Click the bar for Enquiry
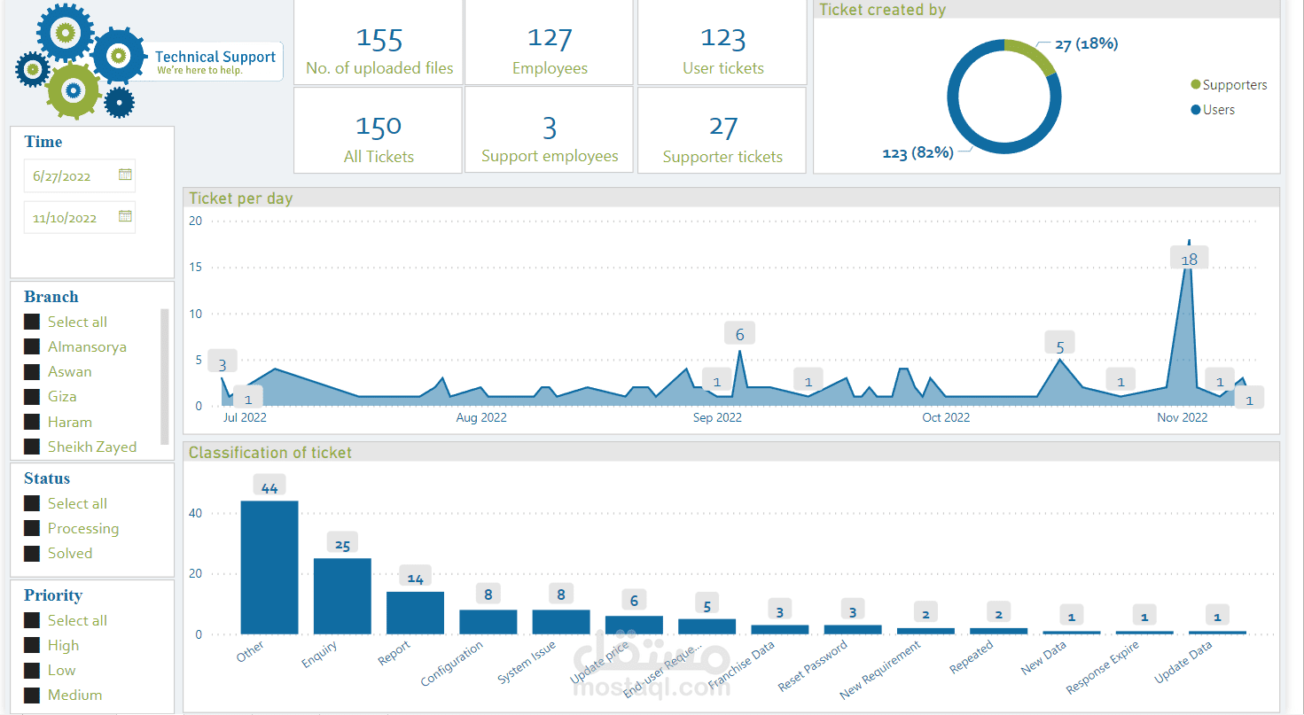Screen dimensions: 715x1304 coord(342,596)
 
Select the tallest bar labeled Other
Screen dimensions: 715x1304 coord(269,567)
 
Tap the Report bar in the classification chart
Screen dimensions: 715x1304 coord(415,612)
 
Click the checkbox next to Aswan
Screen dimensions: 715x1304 coord(32,372)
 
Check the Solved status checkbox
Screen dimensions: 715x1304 coord(32,554)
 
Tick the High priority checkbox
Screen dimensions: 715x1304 coord(32,646)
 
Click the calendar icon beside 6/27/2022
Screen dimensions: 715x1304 coord(125,175)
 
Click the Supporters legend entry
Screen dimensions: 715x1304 coord(1229,85)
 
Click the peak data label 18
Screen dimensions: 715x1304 coord(1189,260)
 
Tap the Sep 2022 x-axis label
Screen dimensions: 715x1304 coord(717,417)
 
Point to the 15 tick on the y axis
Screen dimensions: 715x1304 coord(196,268)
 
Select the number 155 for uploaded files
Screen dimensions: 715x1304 coord(379,40)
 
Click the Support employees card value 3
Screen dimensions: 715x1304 coord(550,129)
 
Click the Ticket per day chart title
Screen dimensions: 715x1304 coord(241,198)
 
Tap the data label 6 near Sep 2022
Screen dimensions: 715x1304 coord(739,334)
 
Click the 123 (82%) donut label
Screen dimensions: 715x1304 coord(917,153)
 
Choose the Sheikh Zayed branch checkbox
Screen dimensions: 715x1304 coord(32,447)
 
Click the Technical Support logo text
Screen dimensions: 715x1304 coord(215,58)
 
